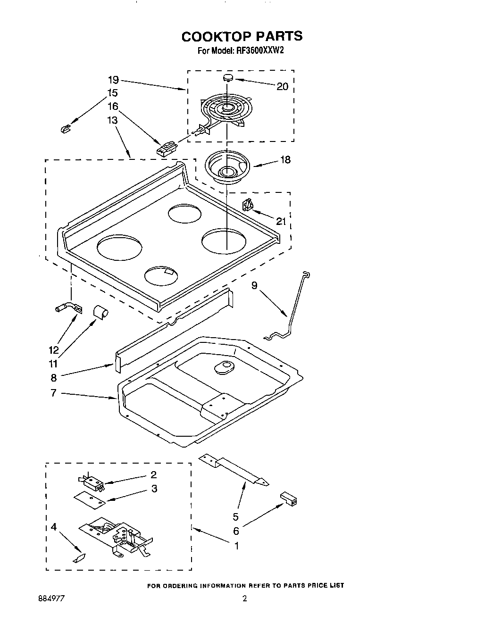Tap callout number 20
click(x=282, y=86)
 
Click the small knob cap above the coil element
click(x=228, y=77)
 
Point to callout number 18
click(x=285, y=160)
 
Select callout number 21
click(x=281, y=221)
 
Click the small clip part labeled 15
click(x=65, y=128)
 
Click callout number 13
click(x=112, y=120)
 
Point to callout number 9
click(x=254, y=285)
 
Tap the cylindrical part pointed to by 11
click(x=100, y=311)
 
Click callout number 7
click(x=53, y=392)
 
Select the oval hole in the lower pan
click(x=223, y=367)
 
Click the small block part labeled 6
click(x=289, y=498)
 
